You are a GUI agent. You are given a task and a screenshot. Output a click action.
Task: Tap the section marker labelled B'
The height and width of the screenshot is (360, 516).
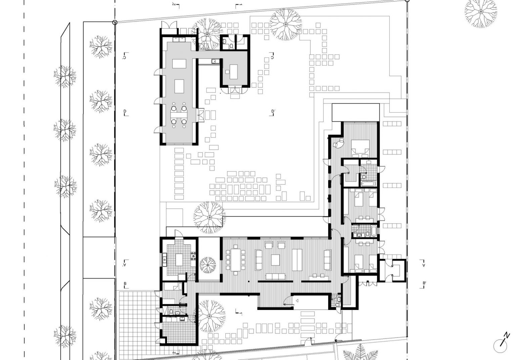(423, 285)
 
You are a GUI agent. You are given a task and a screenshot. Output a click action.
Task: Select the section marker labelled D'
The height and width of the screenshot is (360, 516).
(273, 113)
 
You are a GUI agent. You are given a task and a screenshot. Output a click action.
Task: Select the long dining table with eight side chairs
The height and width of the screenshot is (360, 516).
(235, 260)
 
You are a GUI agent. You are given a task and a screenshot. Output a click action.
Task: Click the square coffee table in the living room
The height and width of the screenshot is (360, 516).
(275, 260)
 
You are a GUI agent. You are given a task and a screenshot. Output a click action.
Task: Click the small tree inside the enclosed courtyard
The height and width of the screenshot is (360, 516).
(208, 265)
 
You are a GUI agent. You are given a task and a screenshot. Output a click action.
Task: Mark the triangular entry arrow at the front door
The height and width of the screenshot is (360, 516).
(297, 301)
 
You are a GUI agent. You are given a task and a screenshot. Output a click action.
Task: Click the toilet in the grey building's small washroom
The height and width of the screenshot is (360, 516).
(231, 47)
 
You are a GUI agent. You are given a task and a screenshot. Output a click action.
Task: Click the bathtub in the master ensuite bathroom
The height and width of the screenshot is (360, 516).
(368, 184)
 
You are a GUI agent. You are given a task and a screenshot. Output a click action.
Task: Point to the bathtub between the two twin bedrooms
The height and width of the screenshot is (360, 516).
(374, 231)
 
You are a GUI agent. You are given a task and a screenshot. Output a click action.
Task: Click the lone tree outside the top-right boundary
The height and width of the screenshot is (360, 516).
(481, 12)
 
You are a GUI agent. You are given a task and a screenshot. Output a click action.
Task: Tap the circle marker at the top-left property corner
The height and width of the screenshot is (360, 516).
(115, 23)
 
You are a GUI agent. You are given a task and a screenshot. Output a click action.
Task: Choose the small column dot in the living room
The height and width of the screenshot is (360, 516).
(249, 281)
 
